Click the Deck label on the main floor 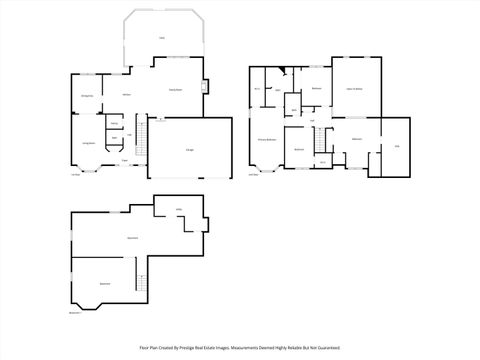(161, 38)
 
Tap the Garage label (189, 149)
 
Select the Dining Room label (87, 95)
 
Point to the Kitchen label (127, 94)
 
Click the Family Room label (175, 90)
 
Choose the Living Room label (88, 144)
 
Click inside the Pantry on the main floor (115, 124)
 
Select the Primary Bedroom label (267, 139)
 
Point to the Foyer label (124, 160)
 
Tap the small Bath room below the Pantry (114, 138)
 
